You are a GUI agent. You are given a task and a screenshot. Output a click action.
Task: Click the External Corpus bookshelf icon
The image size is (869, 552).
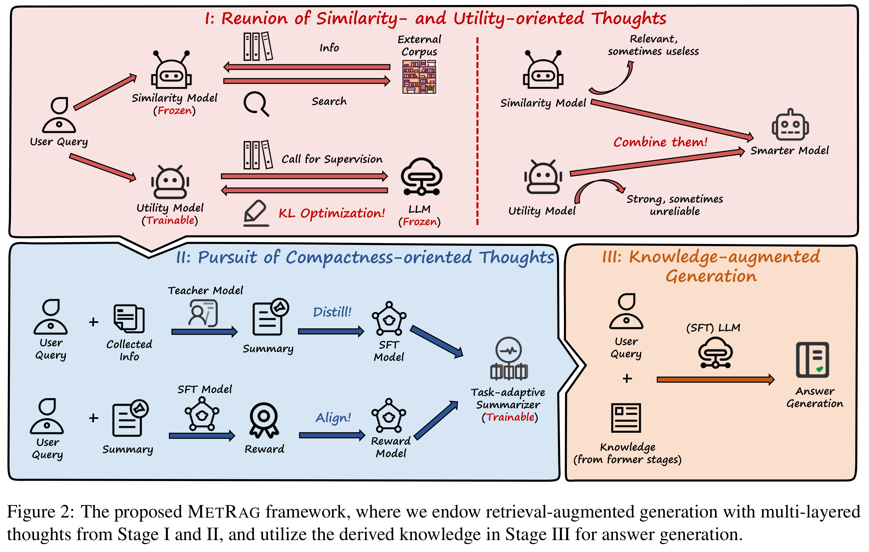[x=419, y=77]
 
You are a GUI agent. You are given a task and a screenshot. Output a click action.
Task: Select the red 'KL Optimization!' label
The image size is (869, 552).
[x=331, y=213]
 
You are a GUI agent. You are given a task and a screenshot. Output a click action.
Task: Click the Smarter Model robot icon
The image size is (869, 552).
[x=790, y=125]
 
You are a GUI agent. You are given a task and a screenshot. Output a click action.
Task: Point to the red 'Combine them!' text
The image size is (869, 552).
[x=660, y=142]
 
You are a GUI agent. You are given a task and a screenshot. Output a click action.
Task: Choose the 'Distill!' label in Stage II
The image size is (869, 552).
[x=332, y=312]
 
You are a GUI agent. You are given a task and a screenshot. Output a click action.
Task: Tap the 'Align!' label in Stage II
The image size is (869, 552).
[x=333, y=417]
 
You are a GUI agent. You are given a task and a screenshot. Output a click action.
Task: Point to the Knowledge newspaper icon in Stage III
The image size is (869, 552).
[x=626, y=418]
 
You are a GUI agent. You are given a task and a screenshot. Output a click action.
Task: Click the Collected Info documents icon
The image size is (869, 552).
[x=129, y=318]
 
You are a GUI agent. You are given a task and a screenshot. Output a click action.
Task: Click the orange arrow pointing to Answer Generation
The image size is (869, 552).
[x=715, y=379]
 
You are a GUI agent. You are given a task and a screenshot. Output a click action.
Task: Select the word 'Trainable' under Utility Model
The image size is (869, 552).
[x=170, y=220]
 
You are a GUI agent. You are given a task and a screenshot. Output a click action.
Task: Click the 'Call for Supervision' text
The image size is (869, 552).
[x=332, y=159]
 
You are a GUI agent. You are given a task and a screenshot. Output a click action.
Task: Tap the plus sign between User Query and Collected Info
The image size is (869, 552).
[x=93, y=321]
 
